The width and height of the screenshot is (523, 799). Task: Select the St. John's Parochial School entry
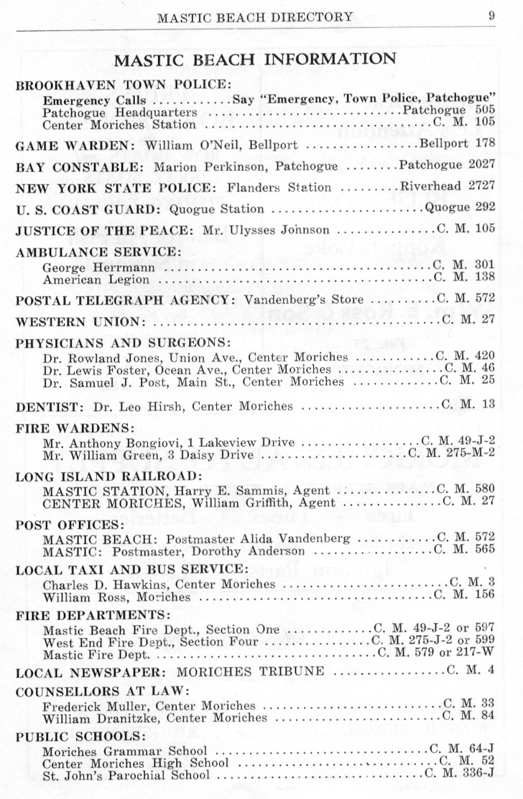point(126,776)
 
